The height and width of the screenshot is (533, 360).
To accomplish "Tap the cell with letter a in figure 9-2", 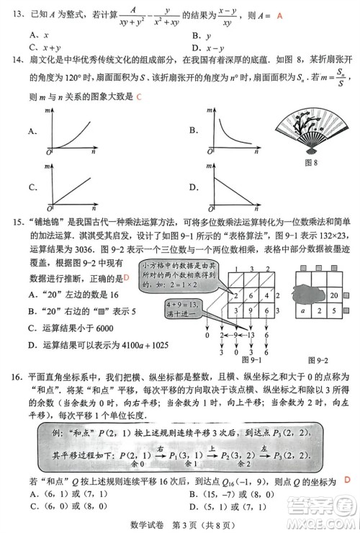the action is point(304,311).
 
